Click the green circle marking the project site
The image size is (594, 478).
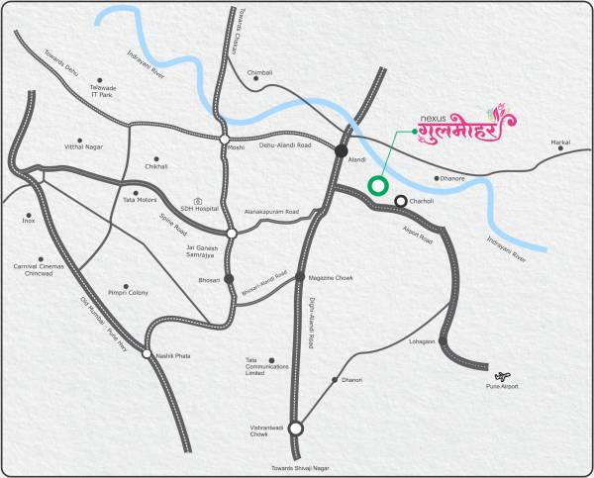click(376, 185)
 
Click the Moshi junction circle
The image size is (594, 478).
click(226, 139)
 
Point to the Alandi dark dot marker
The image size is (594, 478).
click(341, 151)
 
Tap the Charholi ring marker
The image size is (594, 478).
click(401, 202)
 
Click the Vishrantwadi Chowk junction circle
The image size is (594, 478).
click(295, 430)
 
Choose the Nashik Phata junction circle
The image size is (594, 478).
click(147, 354)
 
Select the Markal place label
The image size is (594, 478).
click(561, 143)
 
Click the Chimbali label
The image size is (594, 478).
click(259, 72)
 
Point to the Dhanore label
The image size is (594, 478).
click(451, 178)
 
